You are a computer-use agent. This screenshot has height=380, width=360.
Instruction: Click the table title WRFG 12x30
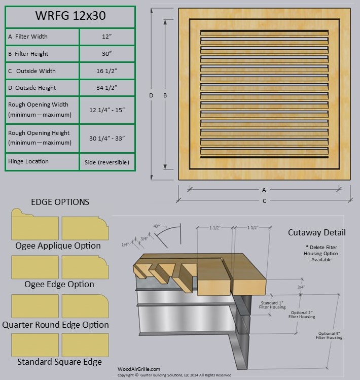(x=70, y=16)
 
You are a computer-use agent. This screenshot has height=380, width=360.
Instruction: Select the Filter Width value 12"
(x=106, y=37)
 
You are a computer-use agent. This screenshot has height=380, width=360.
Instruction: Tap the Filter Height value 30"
(x=106, y=54)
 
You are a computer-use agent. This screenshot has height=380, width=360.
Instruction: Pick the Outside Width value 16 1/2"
(x=106, y=71)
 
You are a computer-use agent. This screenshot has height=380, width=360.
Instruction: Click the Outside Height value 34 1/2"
(x=106, y=88)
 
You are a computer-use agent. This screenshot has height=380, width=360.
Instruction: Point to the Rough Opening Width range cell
(x=106, y=110)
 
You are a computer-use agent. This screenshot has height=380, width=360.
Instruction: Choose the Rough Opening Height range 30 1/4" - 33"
(x=106, y=138)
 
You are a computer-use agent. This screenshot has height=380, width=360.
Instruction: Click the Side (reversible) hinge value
(x=106, y=162)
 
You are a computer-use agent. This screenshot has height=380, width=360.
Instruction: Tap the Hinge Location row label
(x=28, y=161)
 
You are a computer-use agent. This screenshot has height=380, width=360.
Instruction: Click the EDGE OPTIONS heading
(x=60, y=202)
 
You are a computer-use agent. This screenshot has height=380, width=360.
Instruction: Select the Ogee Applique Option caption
(x=58, y=246)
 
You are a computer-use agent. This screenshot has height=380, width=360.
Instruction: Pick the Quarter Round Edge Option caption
(x=55, y=325)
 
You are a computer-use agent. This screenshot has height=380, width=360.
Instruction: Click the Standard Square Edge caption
(x=59, y=362)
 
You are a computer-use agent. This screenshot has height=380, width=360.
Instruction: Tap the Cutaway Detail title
(x=317, y=232)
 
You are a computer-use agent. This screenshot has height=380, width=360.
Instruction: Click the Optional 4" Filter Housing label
(x=330, y=335)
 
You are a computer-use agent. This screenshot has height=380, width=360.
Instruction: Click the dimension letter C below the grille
(x=264, y=201)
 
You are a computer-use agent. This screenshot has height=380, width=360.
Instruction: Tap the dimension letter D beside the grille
(x=151, y=95)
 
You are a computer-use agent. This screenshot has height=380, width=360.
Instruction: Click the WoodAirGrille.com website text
(x=138, y=369)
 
